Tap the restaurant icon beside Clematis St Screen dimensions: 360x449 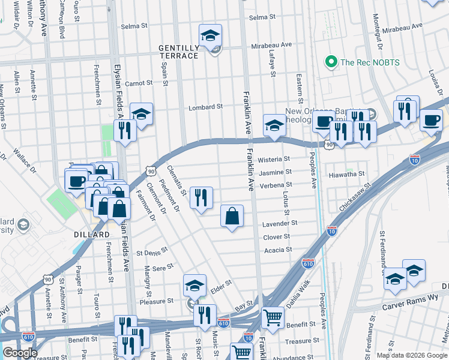coord(201,197)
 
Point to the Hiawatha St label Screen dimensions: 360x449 coord(347,174)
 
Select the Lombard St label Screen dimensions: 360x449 coord(205,107)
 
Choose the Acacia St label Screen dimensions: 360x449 coord(277,250)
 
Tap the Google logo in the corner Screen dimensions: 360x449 coord(19,353)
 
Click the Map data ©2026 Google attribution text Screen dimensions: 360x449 coord(412,355)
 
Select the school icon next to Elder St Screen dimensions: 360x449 coord(194,287)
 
